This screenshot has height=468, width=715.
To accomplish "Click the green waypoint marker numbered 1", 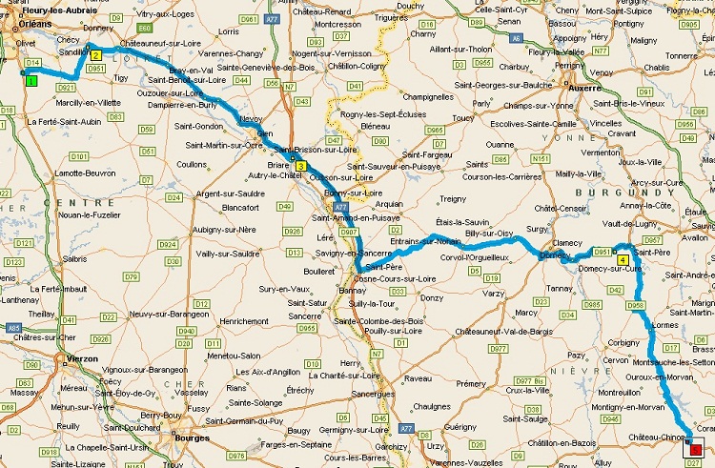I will [x=31, y=81].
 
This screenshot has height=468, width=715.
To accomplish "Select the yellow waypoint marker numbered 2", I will [x=96, y=54].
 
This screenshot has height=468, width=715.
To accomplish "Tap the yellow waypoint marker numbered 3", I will [x=300, y=167].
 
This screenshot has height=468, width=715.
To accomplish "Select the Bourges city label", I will [x=193, y=438].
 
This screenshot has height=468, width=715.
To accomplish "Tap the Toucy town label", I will [x=463, y=118].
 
